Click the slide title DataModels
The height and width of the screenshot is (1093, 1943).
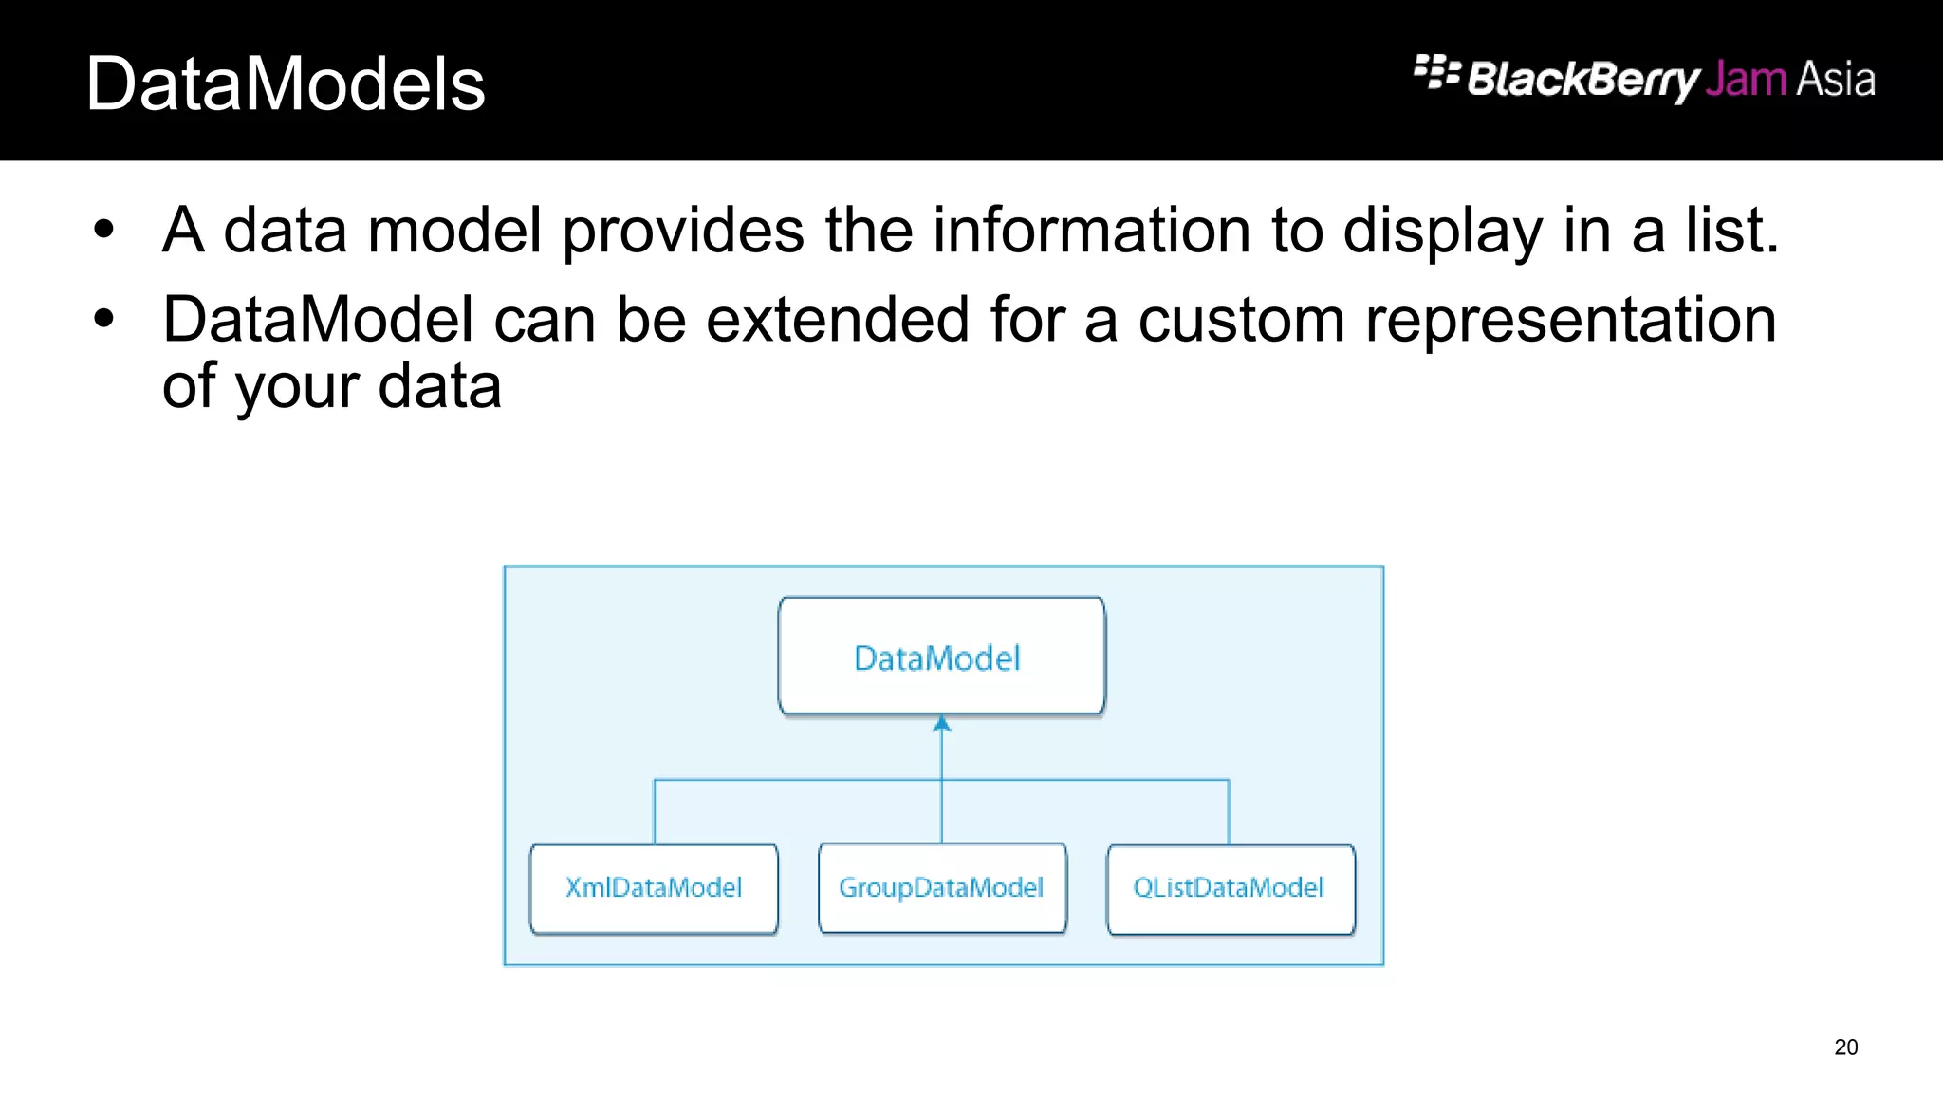286,84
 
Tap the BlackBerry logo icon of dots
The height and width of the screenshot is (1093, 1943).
1435,72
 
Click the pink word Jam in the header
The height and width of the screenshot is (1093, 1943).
1745,79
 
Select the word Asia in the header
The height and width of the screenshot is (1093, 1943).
1835,79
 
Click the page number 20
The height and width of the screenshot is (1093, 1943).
1845,1047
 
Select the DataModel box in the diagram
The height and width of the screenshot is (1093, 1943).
941,657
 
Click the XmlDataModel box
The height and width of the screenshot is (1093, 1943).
654,888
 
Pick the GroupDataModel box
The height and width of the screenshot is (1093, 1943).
942,888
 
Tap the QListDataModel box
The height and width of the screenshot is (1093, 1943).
1230,888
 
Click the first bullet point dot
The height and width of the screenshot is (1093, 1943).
103,230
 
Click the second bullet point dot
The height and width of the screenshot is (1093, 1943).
103,319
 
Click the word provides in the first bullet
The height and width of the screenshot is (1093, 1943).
683,232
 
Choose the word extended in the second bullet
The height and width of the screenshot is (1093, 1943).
838,319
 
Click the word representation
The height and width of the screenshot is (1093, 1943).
1570,321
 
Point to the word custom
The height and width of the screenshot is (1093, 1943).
1241,319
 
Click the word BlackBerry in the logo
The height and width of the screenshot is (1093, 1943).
1582,79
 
